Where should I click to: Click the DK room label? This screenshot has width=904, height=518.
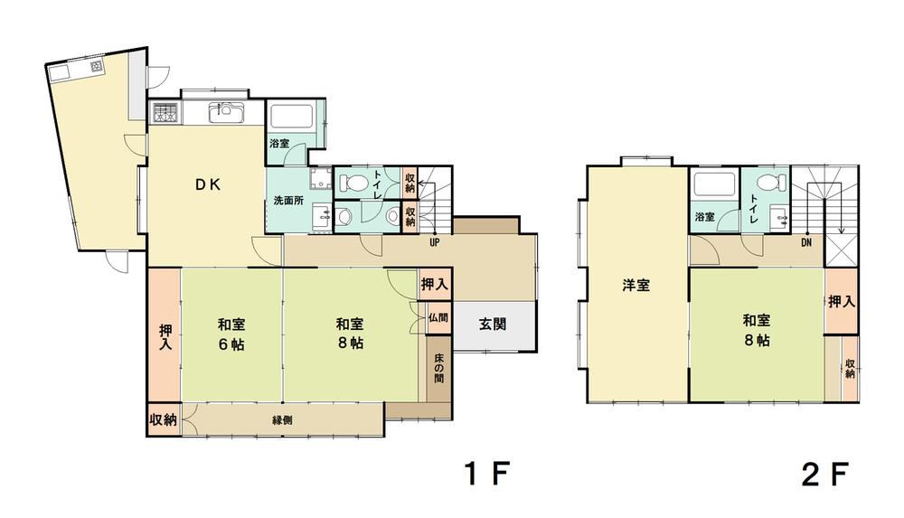[x=207, y=184]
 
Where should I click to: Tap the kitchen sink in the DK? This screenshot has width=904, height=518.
[x=226, y=111]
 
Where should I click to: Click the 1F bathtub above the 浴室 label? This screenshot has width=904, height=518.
[x=291, y=117]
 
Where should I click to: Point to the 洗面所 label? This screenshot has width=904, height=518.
[x=288, y=201]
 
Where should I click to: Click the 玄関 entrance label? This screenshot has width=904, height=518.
[x=493, y=325]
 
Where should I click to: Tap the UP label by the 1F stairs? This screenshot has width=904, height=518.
[x=435, y=243]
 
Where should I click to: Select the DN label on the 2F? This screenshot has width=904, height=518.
[x=806, y=243]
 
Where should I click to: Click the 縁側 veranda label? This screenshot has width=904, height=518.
[x=282, y=420]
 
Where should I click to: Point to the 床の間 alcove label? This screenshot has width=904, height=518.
[x=439, y=369]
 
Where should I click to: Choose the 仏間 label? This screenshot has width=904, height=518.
[x=438, y=317]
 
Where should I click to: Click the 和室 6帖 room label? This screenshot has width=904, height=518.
[x=231, y=334]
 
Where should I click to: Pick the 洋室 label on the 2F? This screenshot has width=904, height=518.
[x=636, y=285]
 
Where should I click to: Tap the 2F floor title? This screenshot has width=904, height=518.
[x=824, y=476]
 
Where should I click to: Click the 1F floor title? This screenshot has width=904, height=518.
[x=488, y=475]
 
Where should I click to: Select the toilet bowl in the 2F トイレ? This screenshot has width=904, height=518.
[x=771, y=183]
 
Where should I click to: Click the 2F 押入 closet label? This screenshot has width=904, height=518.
[x=842, y=301]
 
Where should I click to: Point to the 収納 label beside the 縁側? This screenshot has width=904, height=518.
[x=163, y=420]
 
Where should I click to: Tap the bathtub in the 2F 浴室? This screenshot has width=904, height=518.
[x=715, y=184]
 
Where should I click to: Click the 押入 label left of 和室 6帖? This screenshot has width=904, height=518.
[x=165, y=337]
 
